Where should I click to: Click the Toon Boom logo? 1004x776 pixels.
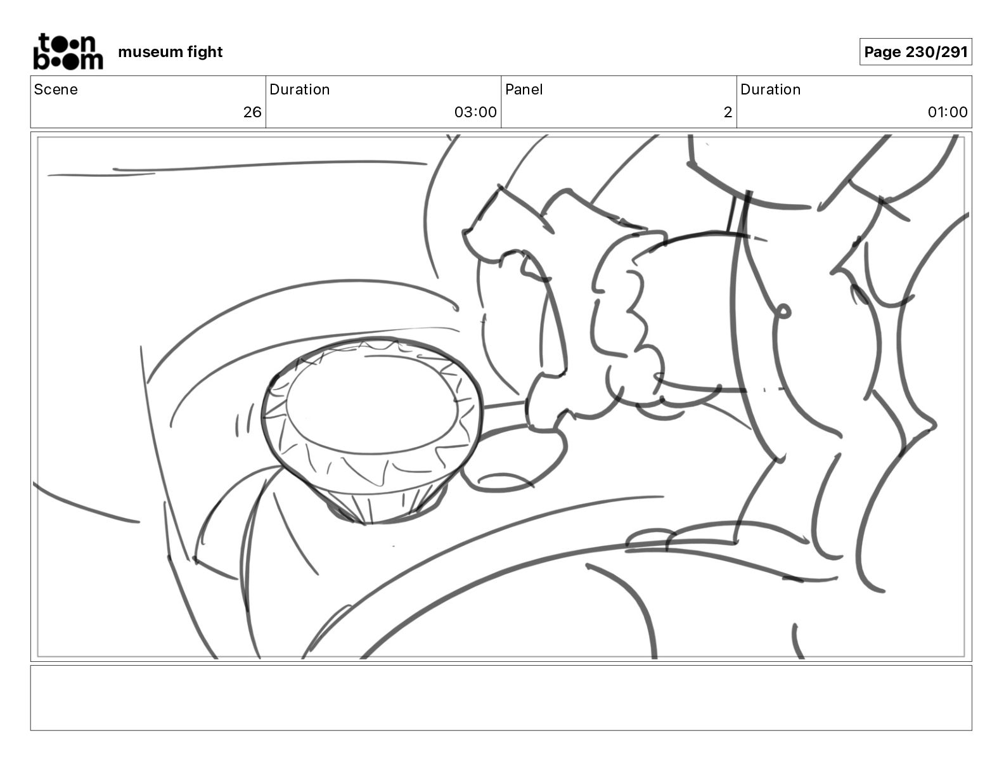67,51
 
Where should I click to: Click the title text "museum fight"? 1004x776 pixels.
170,52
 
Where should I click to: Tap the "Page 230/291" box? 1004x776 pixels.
915,52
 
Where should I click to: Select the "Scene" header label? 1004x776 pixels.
56,89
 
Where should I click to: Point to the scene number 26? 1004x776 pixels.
252,112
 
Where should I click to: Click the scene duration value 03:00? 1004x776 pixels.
475,112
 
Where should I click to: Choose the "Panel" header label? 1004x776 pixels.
524,89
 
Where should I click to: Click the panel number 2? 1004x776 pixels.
728,112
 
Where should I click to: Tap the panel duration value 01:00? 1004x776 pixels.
947,112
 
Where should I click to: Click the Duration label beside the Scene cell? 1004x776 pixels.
299,89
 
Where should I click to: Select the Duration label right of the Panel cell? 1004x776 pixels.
770,89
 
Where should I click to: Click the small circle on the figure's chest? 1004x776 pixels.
783,311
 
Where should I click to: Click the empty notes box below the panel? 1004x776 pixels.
501,697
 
